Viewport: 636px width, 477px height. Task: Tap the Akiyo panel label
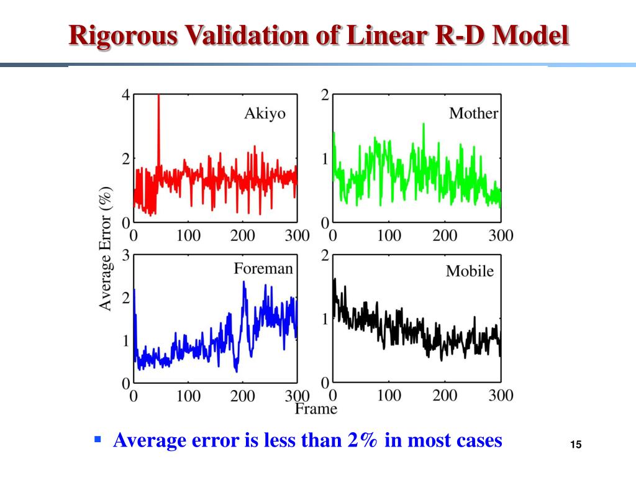point(265,114)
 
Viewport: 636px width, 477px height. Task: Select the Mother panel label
point(474,113)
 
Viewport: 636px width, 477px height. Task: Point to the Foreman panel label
point(263,269)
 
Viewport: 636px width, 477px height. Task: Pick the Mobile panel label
point(470,271)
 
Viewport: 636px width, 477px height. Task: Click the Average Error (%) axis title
point(106,248)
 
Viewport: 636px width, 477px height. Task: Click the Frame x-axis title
point(316,408)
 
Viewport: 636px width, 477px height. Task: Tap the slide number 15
point(576,445)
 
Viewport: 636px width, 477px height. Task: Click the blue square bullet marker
point(97,440)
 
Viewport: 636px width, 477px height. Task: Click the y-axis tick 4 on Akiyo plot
point(126,95)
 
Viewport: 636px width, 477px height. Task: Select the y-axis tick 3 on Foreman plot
point(126,255)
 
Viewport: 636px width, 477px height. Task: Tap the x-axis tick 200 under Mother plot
point(445,235)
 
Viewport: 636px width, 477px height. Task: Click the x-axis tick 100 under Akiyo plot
point(188,235)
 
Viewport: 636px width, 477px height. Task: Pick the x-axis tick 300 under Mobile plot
point(501,395)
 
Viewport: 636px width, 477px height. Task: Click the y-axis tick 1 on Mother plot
point(325,159)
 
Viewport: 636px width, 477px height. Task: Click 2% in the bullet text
point(363,440)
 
